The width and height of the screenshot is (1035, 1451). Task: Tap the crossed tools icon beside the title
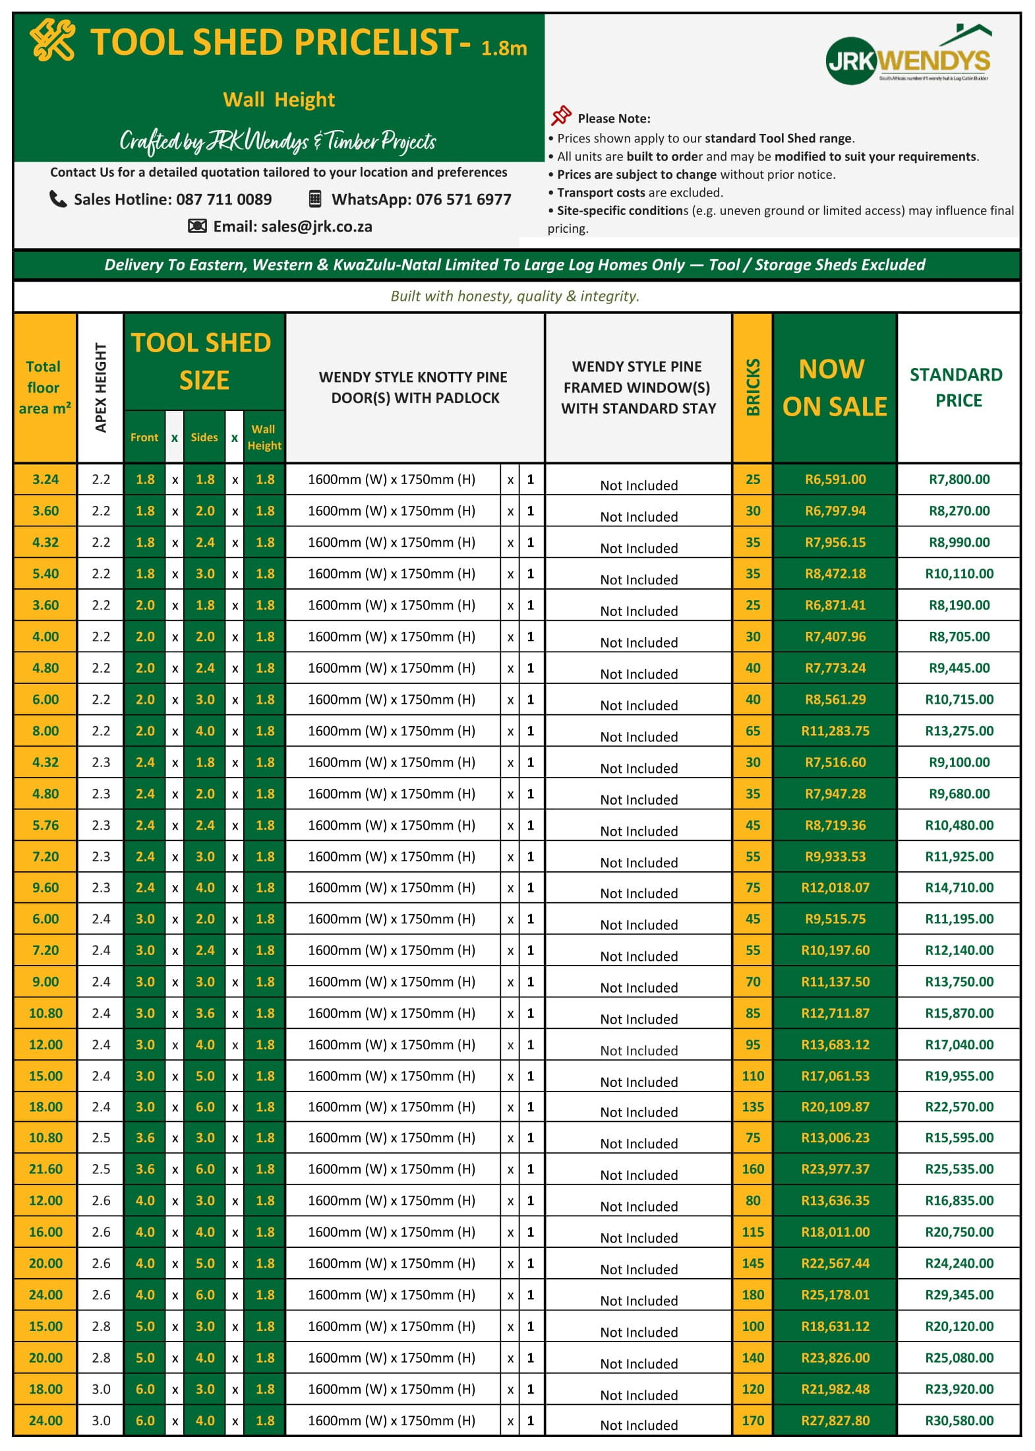pos(52,40)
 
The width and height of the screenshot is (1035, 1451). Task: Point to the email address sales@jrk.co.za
pos(316,227)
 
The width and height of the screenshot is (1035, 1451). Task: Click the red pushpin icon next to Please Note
pos(561,116)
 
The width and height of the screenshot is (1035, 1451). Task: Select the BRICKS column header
pos(752,387)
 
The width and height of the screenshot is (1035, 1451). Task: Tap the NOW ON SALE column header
pos(834,387)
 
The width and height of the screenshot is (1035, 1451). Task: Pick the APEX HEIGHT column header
pos(100,387)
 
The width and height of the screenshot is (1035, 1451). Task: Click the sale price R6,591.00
pos(835,479)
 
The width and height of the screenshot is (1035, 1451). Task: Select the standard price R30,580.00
pos(959,1421)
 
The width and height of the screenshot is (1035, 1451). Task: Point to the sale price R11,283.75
pos(835,731)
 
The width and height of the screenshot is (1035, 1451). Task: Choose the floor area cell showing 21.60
pos(45,1169)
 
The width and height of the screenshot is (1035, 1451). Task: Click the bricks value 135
pos(752,1107)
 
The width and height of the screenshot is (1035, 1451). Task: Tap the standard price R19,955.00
pos(959,1076)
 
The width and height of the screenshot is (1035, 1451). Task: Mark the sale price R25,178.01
pos(835,1295)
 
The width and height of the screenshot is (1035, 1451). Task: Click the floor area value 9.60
pos(45,888)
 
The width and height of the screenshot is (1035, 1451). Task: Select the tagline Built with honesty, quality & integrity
pos(515,296)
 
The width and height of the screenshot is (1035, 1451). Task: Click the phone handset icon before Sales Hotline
pos(58,199)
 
